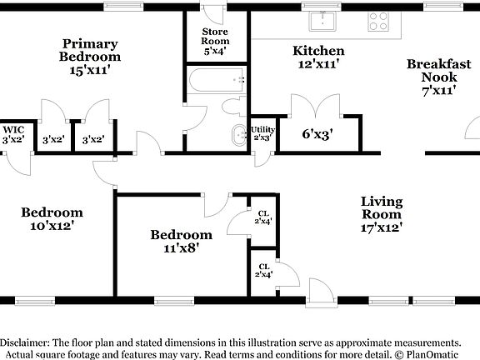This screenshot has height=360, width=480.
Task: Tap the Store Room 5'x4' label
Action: click(x=214, y=41)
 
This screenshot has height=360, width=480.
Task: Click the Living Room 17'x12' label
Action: click(x=382, y=213)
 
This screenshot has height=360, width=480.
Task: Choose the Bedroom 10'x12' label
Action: click(x=52, y=218)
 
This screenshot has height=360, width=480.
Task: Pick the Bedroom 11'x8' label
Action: click(x=181, y=241)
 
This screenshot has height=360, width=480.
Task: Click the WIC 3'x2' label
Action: click(x=12, y=135)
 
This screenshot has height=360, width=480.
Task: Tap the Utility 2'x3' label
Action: click(x=262, y=133)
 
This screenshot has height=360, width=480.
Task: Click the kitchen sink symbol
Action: click(x=321, y=22)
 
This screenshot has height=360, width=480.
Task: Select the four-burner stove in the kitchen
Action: click(x=377, y=22)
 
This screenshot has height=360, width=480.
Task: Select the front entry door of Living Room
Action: click(x=317, y=292)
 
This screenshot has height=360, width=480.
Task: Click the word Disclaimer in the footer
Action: click(x=25, y=342)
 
